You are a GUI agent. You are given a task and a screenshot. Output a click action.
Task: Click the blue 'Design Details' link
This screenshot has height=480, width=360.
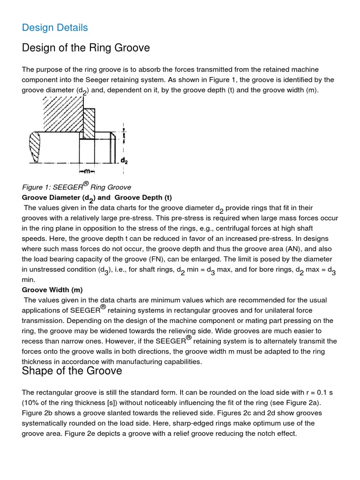[x=55, y=28]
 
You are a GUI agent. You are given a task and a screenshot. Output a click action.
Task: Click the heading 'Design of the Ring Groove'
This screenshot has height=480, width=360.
[x=86, y=48]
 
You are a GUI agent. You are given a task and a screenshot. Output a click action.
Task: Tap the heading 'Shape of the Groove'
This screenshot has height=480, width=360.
[x=72, y=371]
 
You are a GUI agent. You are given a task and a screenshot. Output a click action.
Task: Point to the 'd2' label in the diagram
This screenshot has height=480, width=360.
[x=124, y=160]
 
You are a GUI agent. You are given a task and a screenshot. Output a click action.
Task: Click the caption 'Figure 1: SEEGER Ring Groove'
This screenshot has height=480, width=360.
[x=76, y=187]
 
